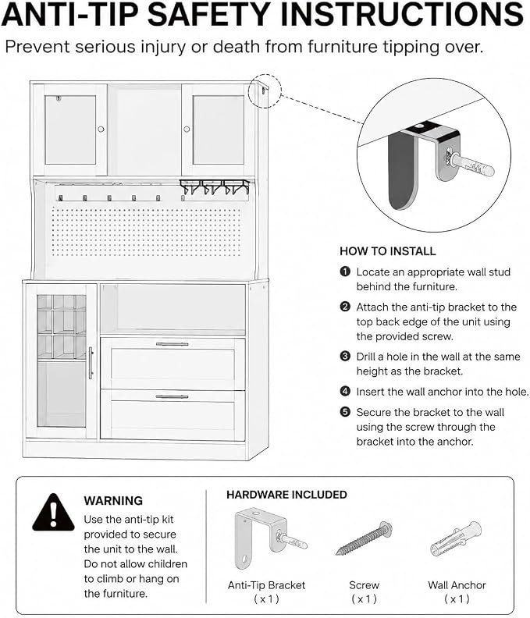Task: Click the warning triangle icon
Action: coord(53,513)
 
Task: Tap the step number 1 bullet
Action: coord(345,272)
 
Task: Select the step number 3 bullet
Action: coord(345,357)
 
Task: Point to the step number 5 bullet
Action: coord(345,412)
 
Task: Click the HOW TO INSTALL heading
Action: coord(388,251)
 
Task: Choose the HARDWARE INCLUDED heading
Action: coord(286,495)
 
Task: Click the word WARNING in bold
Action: coord(113,500)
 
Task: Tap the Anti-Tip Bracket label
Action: coord(267,585)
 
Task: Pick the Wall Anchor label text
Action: coord(457,585)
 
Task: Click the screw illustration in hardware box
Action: coord(365,538)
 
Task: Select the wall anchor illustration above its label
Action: coord(456,538)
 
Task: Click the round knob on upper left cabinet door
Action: coord(101,129)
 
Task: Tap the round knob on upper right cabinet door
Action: coord(187,129)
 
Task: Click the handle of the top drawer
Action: coord(172,344)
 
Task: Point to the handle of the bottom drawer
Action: coord(172,396)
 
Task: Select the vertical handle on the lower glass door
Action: coord(91,363)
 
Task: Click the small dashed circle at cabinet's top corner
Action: coord(265,91)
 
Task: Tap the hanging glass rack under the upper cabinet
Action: coord(215,187)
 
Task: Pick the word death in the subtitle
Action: coord(237,47)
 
